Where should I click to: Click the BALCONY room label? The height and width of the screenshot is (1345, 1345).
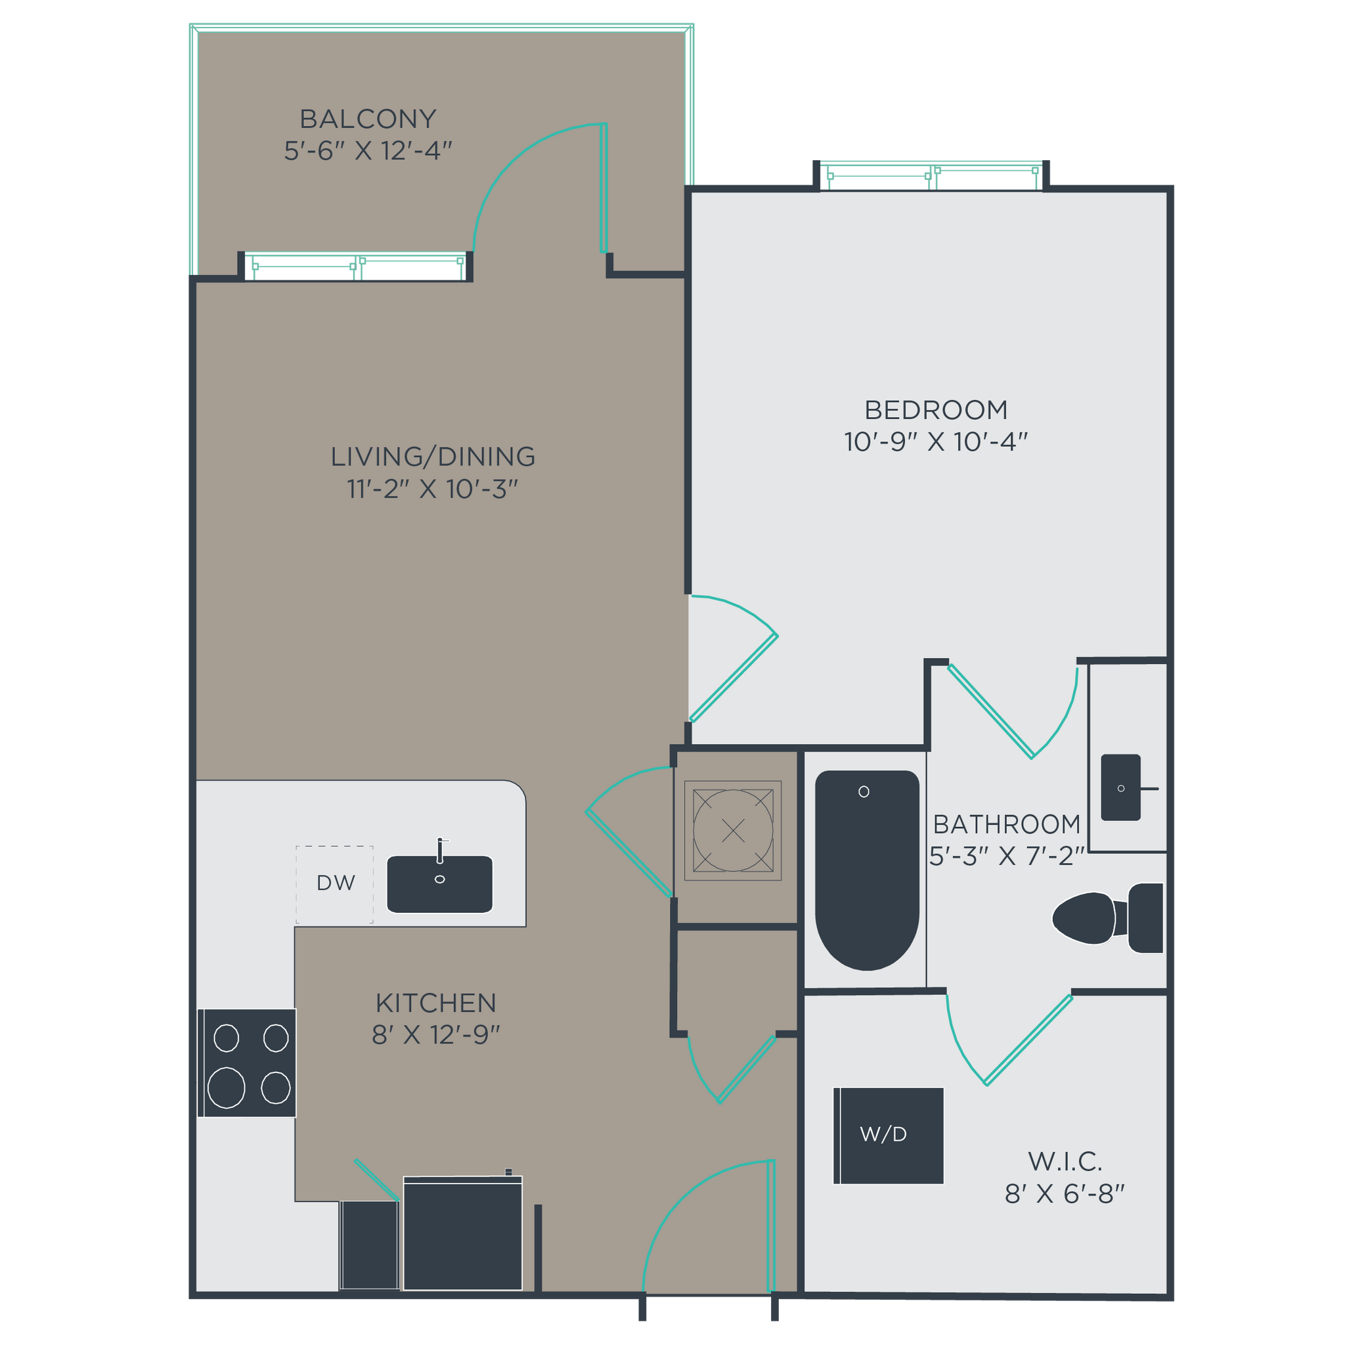(368, 119)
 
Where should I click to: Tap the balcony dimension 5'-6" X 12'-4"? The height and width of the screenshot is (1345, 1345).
(368, 151)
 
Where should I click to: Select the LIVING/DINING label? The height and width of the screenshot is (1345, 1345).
(432, 456)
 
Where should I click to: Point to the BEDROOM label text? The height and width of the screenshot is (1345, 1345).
(936, 410)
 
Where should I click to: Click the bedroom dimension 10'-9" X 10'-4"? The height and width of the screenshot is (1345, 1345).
(936, 442)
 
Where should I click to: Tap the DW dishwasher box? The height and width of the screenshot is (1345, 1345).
(335, 883)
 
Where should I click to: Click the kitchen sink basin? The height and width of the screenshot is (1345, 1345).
(439, 883)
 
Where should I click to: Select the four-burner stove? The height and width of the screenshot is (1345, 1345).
(248, 1063)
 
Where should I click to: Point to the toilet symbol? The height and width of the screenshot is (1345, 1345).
(1107, 918)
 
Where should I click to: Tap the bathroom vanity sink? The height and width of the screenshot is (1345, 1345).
(1120, 787)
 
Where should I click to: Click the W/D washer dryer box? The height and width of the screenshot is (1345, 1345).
(888, 1135)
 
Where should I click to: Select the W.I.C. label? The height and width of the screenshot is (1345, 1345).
(1065, 1161)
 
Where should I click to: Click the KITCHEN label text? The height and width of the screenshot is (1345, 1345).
(436, 1003)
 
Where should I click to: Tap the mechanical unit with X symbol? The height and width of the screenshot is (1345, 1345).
(732, 830)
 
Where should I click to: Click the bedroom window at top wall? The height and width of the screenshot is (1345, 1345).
(931, 176)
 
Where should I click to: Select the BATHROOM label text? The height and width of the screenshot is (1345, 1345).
(1006, 824)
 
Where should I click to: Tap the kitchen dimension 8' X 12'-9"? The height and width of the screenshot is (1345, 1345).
(436, 1035)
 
